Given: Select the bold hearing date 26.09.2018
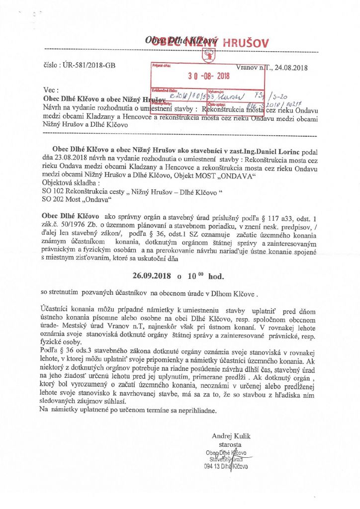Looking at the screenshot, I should (x=153, y=275).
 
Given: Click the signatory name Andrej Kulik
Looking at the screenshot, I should (x=231, y=436).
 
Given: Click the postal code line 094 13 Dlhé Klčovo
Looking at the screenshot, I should (x=226, y=467).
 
